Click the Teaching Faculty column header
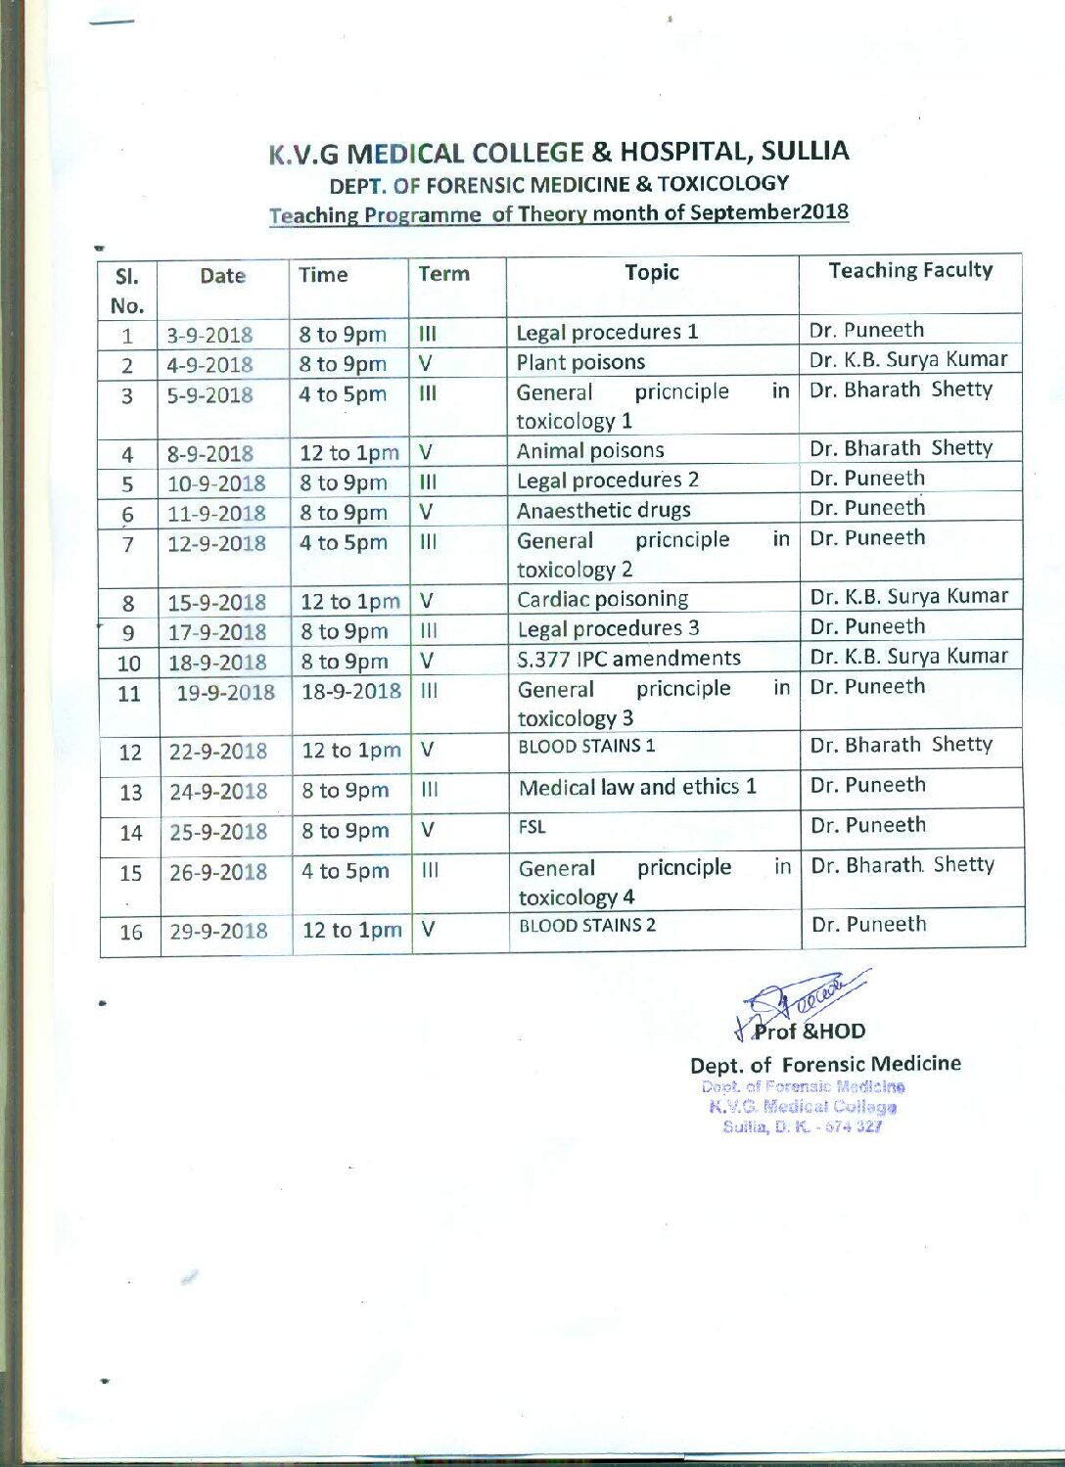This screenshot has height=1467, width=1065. [910, 271]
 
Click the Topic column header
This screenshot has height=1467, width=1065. [652, 273]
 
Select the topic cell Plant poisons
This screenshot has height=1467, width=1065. [580, 363]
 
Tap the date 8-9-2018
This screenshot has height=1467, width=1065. [210, 454]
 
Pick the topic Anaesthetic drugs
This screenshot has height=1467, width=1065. [603, 511]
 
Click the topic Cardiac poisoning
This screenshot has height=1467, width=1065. [602, 599]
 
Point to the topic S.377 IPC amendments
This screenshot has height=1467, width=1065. [628, 659]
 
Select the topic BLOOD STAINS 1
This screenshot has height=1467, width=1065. [586, 747]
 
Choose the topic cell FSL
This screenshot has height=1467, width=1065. [532, 828]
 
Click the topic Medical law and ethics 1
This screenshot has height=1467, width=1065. [637, 788]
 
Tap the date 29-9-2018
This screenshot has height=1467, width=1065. [218, 932]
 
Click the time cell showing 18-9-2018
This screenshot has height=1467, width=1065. [351, 691]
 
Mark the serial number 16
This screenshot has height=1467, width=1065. [131, 933]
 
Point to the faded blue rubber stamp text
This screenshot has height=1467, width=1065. [803, 1107]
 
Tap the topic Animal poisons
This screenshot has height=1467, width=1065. [590, 451]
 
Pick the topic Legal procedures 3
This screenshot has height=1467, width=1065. [608, 628]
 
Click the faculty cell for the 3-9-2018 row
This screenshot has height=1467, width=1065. [866, 331]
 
